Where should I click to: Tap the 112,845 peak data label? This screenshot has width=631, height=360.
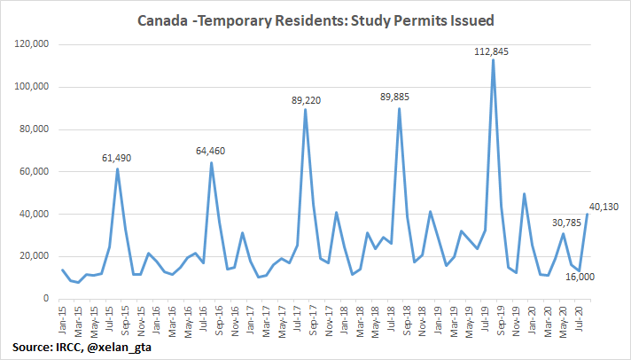(x=493, y=50)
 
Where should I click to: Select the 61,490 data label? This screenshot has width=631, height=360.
(x=118, y=157)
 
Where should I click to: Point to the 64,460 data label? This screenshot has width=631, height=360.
(x=211, y=151)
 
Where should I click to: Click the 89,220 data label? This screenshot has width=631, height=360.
(x=305, y=100)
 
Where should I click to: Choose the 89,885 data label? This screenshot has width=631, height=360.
(x=399, y=98)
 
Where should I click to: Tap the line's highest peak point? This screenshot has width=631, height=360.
(x=493, y=60)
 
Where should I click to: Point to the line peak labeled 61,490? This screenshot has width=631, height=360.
(x=118, y=168)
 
